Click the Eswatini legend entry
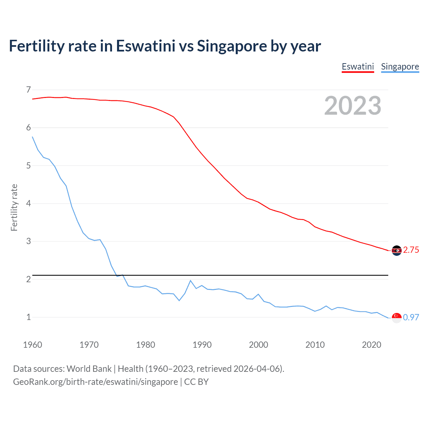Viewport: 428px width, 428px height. [357, 67]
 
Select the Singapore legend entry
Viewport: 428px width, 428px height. [400, 67]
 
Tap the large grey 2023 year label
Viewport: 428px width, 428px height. [353, 106]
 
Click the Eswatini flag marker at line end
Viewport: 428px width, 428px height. [397, 250]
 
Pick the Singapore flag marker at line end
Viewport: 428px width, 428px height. [397, 318]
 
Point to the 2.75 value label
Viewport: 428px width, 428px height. [411, 250]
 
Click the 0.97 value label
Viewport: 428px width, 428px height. [411, 317]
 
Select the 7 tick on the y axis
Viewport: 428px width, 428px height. [28, 90]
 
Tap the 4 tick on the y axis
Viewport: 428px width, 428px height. [28, 203]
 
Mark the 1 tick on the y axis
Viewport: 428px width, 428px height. [28, 317]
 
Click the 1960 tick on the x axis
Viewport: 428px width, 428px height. [32, 345]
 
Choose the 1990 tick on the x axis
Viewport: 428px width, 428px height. [202, 345]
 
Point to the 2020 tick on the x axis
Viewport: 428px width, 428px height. [371, 345]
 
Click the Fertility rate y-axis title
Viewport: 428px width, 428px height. [14, 207]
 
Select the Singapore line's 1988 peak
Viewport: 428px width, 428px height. [191, 281]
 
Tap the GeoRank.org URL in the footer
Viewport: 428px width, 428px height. [95, 382]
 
